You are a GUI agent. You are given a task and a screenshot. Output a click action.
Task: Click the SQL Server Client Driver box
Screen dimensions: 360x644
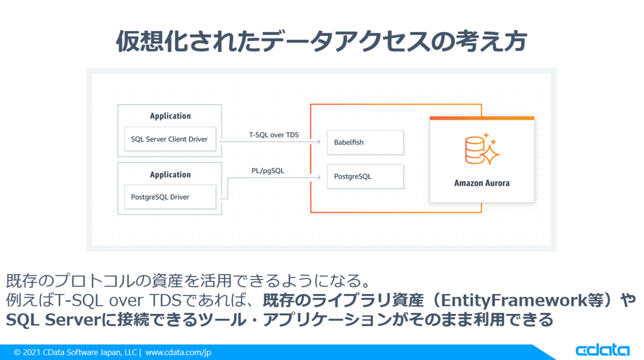tap(169, 139)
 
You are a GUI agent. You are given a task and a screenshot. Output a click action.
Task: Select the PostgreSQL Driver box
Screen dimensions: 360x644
tap(169, 197)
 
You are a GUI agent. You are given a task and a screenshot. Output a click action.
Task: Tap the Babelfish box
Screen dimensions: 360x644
tap(365, 142)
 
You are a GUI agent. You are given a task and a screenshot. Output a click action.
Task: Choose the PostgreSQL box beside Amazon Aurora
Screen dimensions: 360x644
tap(365, 177)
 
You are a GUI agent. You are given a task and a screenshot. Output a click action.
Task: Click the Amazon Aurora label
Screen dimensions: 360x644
tap(482, 183)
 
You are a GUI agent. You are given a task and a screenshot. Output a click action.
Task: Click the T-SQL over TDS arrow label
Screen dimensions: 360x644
tap(274, 135)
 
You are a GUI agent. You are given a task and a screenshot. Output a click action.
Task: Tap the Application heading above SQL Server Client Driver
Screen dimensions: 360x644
tap(170, 116)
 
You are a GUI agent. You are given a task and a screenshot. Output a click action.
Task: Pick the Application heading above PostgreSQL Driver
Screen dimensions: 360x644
tap(170, 174)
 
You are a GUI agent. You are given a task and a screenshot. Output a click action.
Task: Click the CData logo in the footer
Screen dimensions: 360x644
tap(602, 350)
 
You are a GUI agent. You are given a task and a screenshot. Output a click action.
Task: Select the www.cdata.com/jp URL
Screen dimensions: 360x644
tap(178, 352)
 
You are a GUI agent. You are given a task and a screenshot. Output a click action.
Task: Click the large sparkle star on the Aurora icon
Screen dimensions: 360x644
tap(490, 154)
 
